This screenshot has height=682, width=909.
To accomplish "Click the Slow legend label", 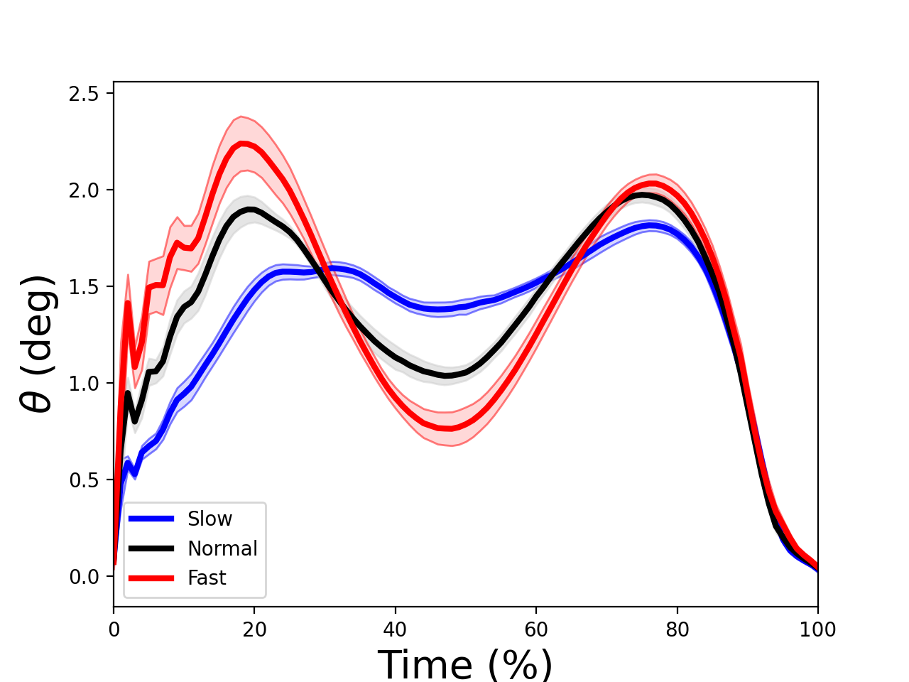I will pos(209,519).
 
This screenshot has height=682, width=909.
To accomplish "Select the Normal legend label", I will pos(222,549).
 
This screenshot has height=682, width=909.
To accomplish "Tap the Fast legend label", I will pos(207,578).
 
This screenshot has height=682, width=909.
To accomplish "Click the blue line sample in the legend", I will pos(151,519).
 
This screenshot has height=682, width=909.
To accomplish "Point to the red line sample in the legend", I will pos(151,578).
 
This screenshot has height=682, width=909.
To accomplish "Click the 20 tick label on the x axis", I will pos(254,629).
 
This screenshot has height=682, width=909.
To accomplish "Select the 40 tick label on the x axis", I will pos(395,629).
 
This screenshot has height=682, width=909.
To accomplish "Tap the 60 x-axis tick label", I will pos(536,629).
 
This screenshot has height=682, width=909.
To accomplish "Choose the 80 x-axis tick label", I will pos(677,629).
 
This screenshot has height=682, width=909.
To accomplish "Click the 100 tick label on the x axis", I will pos(817,629).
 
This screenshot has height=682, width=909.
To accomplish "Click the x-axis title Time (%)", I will pos(465,665).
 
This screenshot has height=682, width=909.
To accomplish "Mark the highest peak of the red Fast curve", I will pos(244,144).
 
